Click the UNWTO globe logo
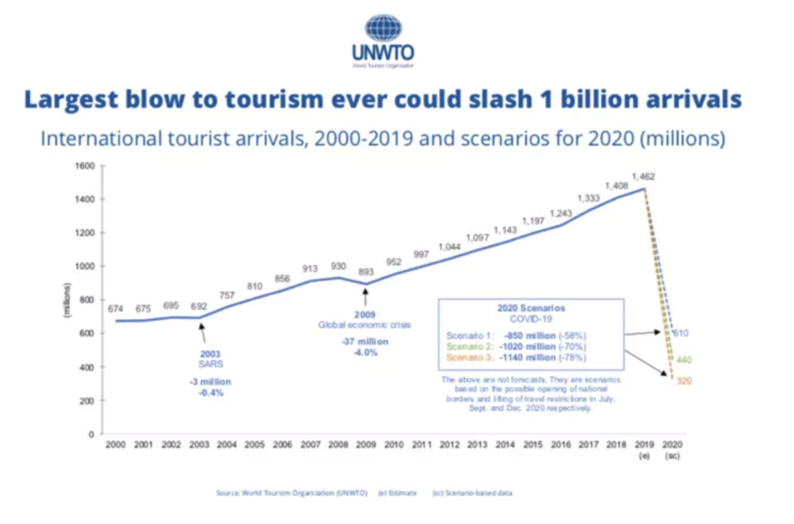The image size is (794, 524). (382, 28)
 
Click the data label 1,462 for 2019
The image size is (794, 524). (643, 177)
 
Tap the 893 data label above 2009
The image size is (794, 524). (366, 272)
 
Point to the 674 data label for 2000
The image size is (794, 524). (116, 309)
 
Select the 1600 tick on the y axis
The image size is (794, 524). (89, 165)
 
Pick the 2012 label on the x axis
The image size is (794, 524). (449, 445)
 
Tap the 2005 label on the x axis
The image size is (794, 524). (254, 445)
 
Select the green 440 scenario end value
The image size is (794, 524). (684, 360)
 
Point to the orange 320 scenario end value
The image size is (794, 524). (684, 381)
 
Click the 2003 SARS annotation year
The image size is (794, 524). (211, 354)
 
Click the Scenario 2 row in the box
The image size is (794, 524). (516, 347)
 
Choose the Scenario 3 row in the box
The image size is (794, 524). (516, 358)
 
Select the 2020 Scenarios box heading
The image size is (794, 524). (531, 308)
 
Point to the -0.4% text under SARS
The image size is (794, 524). (211, 393)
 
